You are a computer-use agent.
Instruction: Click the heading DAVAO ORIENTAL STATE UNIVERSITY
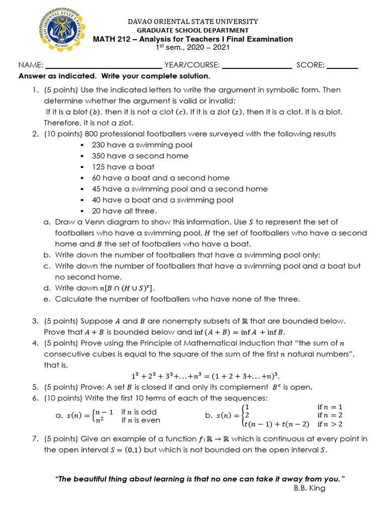click(x=193, y=22)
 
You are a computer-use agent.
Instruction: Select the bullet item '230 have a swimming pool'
click(x=142, y=145)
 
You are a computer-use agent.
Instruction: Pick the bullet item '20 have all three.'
click(x=124, y=211)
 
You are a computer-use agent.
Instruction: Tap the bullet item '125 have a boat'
click(x=123, y=167)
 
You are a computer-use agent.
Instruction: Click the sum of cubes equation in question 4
click(x=205, y=376)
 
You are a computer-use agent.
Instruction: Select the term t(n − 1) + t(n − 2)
click(x=276, y=424)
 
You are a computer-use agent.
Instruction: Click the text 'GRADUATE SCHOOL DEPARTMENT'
click(x=193, y=31)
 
